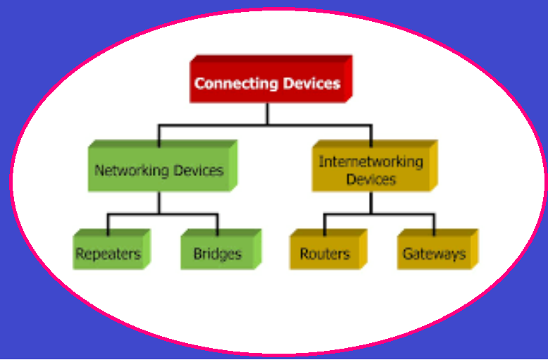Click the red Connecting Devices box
coord(268,83)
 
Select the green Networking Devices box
coord(159,170)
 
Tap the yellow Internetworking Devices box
coord(371,170)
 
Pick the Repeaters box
coord(108,254)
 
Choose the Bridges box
coord(217,254)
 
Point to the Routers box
coord(325,254)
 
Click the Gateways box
coord(434,254)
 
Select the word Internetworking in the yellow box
coord(371,161)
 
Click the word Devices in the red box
coord(311,83)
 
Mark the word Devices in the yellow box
coord(371,179)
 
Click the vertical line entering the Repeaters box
coord(108,225)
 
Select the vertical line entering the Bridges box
coord(218,225)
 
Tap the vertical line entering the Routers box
coord(325,225)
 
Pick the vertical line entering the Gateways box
coord(434,225)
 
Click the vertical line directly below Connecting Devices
coord(267,113)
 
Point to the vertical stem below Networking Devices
coord(159,202)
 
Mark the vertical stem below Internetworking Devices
coord(372,202)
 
